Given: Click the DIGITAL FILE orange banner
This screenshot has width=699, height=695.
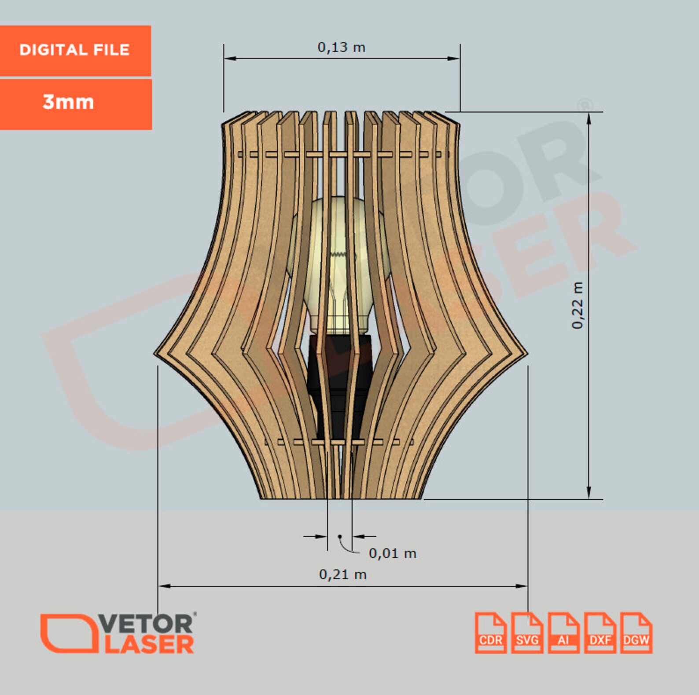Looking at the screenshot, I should click(x=75, y=50).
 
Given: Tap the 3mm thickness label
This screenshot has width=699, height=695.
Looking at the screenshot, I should click(x=69, y=102).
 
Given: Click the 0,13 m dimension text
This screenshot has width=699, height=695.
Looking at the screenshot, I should click(x=342, y=48).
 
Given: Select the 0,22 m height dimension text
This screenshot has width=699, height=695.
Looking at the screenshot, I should click(x=578, y=305).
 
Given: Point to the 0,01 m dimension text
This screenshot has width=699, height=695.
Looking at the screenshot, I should click(x=392, y=553).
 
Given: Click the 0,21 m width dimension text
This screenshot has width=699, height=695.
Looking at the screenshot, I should click(x=342, y=574).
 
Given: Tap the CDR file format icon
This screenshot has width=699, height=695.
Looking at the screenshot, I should click(x=490, y=633).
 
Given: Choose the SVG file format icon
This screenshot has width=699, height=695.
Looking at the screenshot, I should click(x=527, y=633).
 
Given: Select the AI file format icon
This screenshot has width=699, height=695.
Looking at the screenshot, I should click(x=563, y=633).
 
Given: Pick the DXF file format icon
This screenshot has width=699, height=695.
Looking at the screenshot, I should click(x=600, y=633).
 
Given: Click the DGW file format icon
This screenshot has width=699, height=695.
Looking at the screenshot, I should click(x=636, y=633).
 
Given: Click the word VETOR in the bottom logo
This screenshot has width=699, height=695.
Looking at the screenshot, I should click(x=145, y=624).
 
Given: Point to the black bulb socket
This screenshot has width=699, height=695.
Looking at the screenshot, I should click(x=339, y=374).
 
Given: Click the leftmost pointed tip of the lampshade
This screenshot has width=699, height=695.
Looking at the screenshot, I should click(x=155, y=353).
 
